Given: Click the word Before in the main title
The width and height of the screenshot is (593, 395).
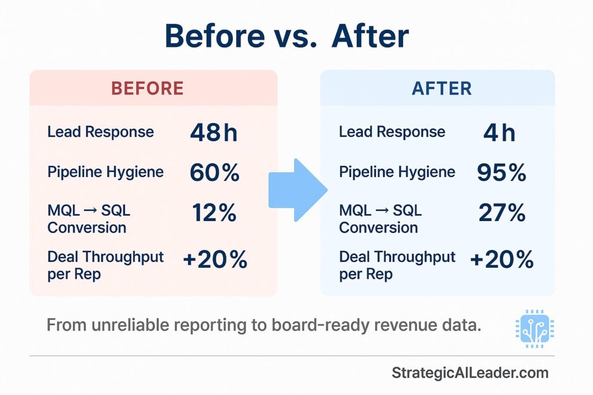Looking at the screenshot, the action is [215, 36].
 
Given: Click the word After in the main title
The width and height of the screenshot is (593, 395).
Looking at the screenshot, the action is [370, 36].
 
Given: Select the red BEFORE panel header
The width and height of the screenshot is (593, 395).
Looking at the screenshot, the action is [148, 88].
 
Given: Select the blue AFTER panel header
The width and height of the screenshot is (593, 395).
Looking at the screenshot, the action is [442, 88].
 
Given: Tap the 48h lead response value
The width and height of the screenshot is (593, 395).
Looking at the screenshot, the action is [214, 132].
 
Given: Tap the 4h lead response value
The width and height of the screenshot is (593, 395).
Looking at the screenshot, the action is [499, 132].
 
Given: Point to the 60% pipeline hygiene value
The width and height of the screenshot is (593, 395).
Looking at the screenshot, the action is [214, 172].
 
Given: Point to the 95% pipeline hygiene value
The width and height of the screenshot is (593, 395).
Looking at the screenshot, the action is [502, 172].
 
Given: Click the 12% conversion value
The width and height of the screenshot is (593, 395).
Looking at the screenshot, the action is [214, 212].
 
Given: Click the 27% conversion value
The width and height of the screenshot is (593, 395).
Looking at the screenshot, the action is [502, 212].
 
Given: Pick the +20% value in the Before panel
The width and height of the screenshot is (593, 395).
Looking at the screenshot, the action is [215, 260].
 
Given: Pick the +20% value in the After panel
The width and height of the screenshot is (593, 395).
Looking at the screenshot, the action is [502, 260].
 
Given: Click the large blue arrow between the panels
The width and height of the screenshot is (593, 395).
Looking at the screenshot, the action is [298, 190].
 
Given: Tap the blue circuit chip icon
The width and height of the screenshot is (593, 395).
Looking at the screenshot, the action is [535, 328].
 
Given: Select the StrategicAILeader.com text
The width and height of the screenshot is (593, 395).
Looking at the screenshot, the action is [470, 373].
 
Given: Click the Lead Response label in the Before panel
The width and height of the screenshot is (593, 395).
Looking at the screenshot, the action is [101, 132].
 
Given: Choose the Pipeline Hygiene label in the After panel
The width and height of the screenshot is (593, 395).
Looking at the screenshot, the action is [397, 172].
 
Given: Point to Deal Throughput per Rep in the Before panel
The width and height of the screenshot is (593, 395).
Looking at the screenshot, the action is [105, 265].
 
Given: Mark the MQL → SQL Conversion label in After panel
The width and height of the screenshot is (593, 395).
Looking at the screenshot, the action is [380, 219].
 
